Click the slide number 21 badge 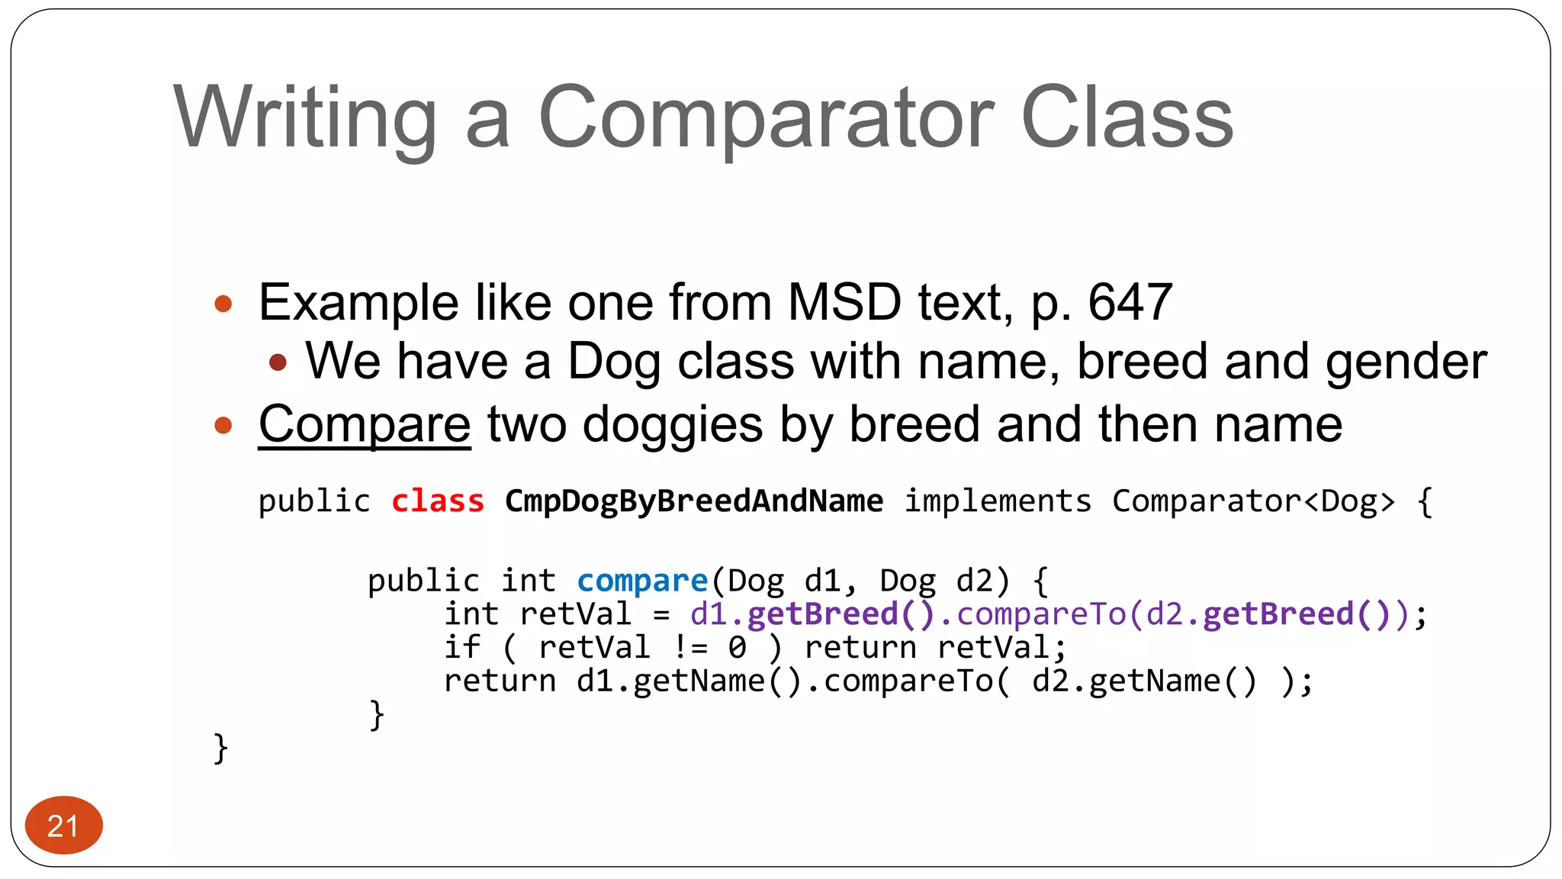point(63,826)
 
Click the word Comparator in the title point(766,118)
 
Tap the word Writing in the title point(305,118)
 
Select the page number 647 point(1130,303)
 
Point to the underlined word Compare point(365,424)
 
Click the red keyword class point(438,501)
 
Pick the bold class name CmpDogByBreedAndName point(694,501)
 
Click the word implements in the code point(998,501)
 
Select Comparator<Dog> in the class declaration point(1254,501)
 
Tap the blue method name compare point(642,581)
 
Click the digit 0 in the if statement point(737,648)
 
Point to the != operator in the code point(690,648)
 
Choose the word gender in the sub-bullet point(1406,362)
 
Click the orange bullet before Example point(223,304)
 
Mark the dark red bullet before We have point(278,362)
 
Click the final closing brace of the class point(220,749)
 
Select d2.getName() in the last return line point(1143,681)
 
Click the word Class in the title point(1127,118)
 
